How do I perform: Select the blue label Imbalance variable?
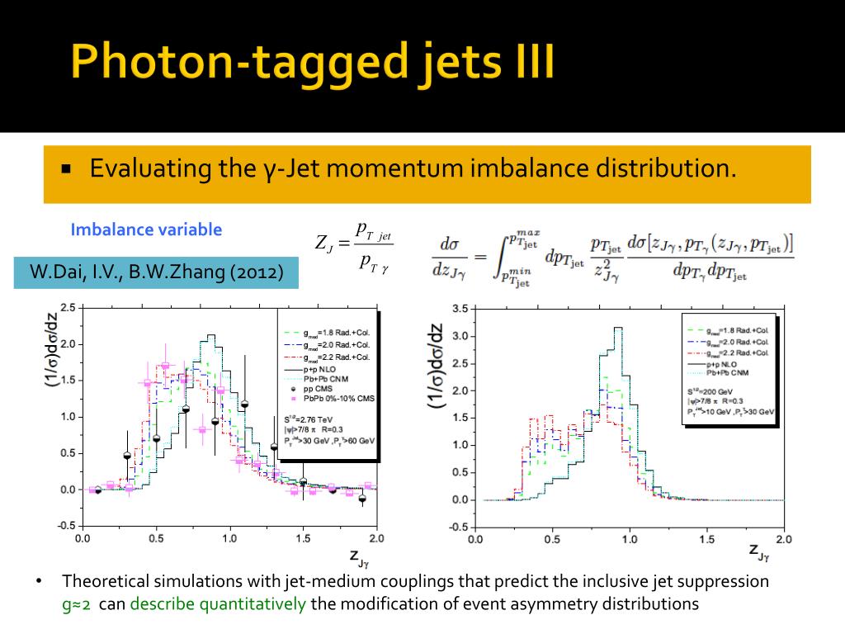tap(146, 229)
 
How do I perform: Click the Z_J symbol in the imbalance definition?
tap(324, 244)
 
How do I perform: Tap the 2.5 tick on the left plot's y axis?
tap(68, 308)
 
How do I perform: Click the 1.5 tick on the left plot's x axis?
tap(303, 539)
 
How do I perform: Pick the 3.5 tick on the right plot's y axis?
tap(460, 309)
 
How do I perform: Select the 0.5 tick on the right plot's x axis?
tap(552, 539)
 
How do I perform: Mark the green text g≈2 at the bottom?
tap(78, 603)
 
